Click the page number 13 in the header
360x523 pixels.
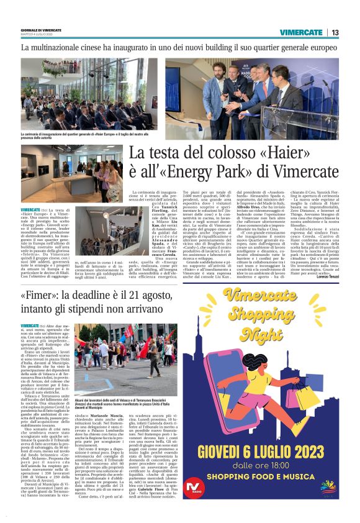pos(335,32)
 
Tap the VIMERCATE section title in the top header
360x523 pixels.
pos(300,32)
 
